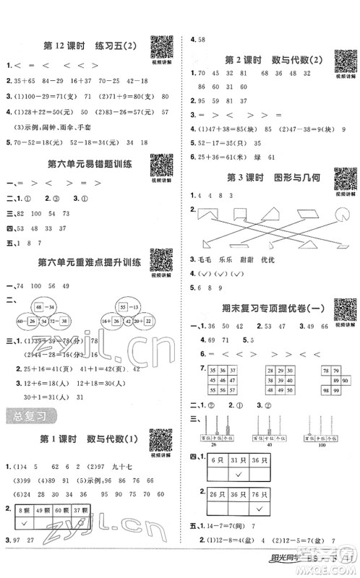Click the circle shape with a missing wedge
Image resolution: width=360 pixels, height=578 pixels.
click(x=340, y=213)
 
